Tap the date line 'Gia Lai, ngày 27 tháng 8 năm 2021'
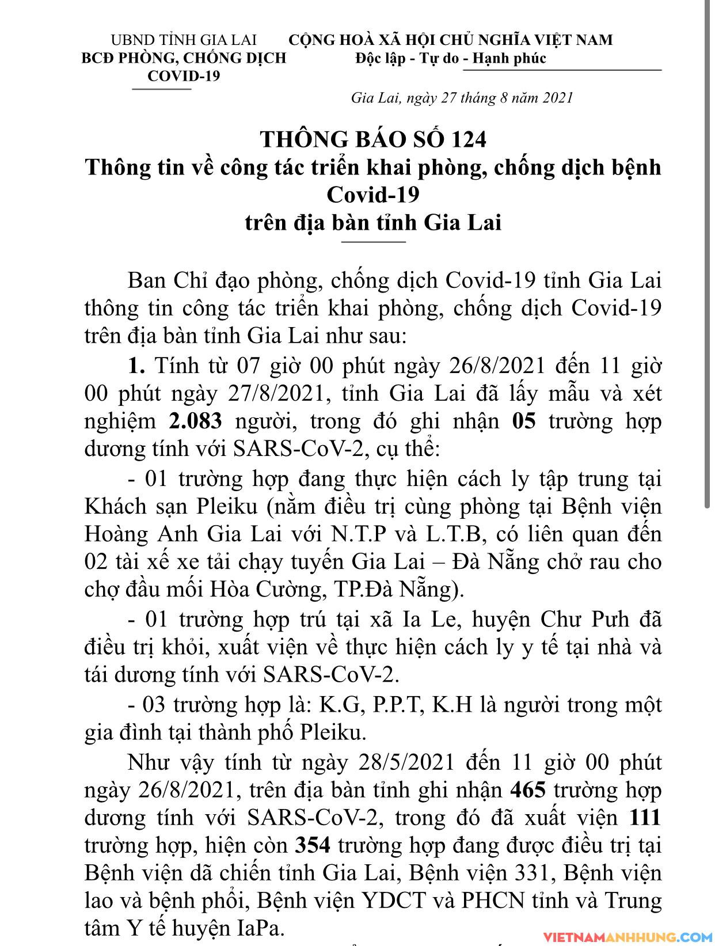click(462, 98)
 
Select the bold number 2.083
click(195, 421)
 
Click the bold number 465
click(528, 790)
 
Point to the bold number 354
click(313, 845)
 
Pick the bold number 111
click(645, 818)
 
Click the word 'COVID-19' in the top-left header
click(184, 76)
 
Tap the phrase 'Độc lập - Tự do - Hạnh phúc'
click(450, 59)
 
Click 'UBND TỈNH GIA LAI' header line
click(184, 40)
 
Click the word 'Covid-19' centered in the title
click(372, 195)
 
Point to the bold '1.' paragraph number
click(136, 366)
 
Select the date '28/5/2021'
click(404, 762)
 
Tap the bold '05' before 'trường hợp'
click(523, 421)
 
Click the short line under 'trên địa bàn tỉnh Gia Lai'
click(373, 242)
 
